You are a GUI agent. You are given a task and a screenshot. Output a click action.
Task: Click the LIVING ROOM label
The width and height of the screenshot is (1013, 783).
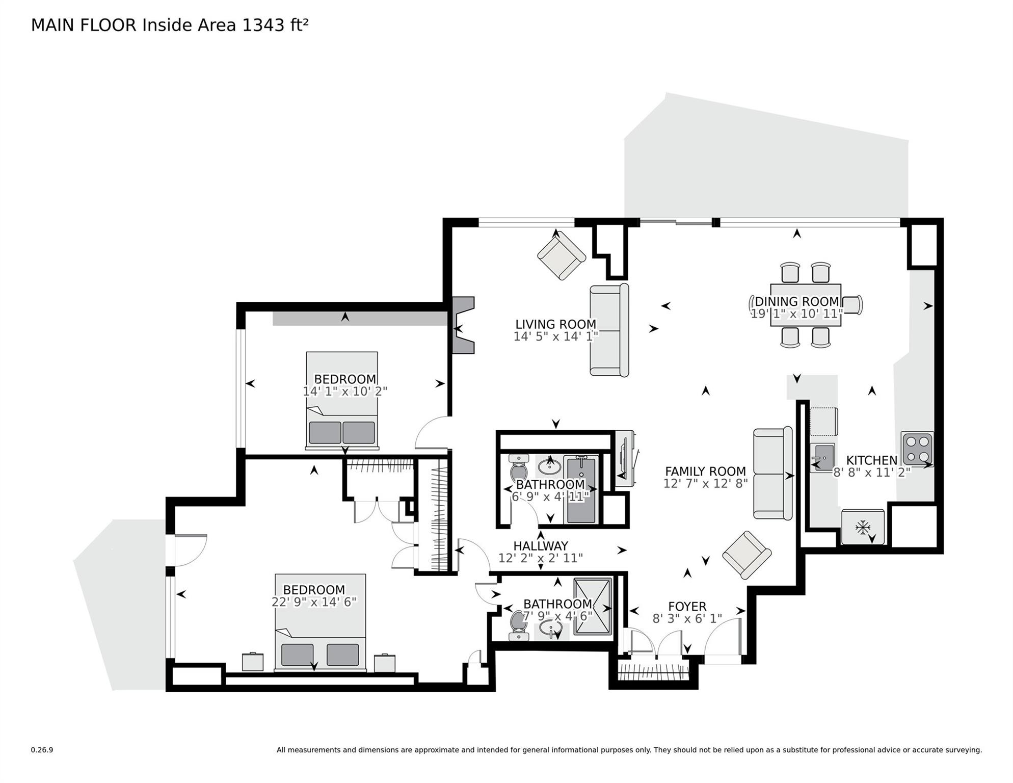(x=555, y=324)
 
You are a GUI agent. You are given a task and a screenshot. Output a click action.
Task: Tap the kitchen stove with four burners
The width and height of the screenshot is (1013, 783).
(x=917, y=448)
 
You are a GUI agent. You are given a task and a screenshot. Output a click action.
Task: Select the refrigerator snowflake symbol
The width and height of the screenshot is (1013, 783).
(x=862, y=527)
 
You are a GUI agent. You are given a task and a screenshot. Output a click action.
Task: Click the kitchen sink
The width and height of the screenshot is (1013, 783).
(x=822, y=457)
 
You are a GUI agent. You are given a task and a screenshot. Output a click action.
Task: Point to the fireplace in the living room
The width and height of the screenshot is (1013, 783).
(x=463, y=325)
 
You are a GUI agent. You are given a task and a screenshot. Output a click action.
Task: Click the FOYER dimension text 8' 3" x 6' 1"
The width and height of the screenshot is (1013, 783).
(x=687, y=619)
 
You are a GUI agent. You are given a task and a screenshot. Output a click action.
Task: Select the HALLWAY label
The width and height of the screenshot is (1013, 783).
(x=540, y=546)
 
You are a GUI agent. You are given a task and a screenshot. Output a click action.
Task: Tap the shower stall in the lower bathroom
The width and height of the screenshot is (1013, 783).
(x=592, y=607)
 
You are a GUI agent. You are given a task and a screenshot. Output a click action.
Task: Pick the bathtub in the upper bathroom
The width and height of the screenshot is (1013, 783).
(x=581, y=490)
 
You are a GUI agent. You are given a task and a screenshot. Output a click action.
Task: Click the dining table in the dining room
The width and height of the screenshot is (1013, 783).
(x=805, y=305)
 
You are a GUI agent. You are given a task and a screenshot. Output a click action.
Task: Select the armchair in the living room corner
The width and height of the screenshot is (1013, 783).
(x=561, y=254)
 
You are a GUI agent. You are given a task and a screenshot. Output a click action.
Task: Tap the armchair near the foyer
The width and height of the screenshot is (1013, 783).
(x=747, y=555)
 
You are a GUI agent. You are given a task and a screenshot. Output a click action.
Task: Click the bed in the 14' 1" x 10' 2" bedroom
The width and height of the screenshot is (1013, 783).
(x=341, y=400)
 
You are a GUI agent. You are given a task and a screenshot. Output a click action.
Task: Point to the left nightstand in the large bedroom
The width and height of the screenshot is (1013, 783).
(x=253, y=662)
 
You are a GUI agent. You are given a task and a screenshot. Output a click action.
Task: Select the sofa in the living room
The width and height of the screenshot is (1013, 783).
(x=609, y=330)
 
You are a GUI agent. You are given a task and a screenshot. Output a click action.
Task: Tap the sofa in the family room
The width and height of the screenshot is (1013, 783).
(x=772, y=474)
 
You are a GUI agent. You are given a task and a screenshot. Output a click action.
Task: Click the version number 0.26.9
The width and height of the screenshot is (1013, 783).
(x=42, y=750)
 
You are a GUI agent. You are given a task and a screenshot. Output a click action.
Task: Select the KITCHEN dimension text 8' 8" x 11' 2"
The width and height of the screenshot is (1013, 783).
(x=871, y=473)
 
